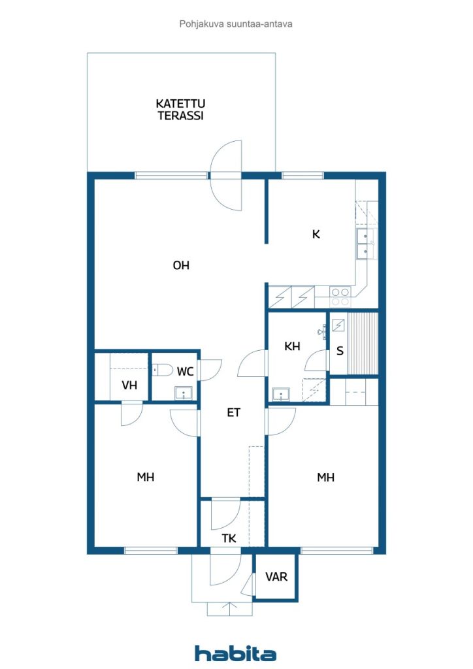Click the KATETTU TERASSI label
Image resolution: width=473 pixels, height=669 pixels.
pos(180,110)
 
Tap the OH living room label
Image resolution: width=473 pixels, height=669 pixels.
pos(181,265)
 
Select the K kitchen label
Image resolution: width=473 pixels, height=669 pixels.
pos(316,235)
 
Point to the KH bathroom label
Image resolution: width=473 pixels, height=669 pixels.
pos(292,346)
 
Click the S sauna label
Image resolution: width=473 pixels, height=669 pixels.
pos(340,351)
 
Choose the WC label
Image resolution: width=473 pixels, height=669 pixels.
pos(185,372)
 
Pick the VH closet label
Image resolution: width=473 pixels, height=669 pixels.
pos(129,385)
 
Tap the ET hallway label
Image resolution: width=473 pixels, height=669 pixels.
pos(234,413)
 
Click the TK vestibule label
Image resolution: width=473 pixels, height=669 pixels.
pos(229,538)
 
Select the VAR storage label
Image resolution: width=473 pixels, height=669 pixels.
pos(276,577)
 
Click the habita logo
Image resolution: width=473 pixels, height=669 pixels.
pos(235,653)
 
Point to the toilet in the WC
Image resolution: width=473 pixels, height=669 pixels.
pos(163,370)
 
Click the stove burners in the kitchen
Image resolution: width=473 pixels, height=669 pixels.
pos(340,297)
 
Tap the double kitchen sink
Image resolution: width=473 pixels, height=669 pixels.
pos(366,244)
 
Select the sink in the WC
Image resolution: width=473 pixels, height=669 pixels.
pos(184,393)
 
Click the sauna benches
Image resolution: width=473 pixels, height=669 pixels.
pos(363,344)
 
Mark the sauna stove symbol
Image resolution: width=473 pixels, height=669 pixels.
pos(338,325)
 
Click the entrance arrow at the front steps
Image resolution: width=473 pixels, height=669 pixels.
pos(230,609)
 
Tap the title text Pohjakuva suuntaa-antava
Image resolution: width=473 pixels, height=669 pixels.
pos(236,24)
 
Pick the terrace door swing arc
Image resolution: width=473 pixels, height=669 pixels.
pos(226,175)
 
